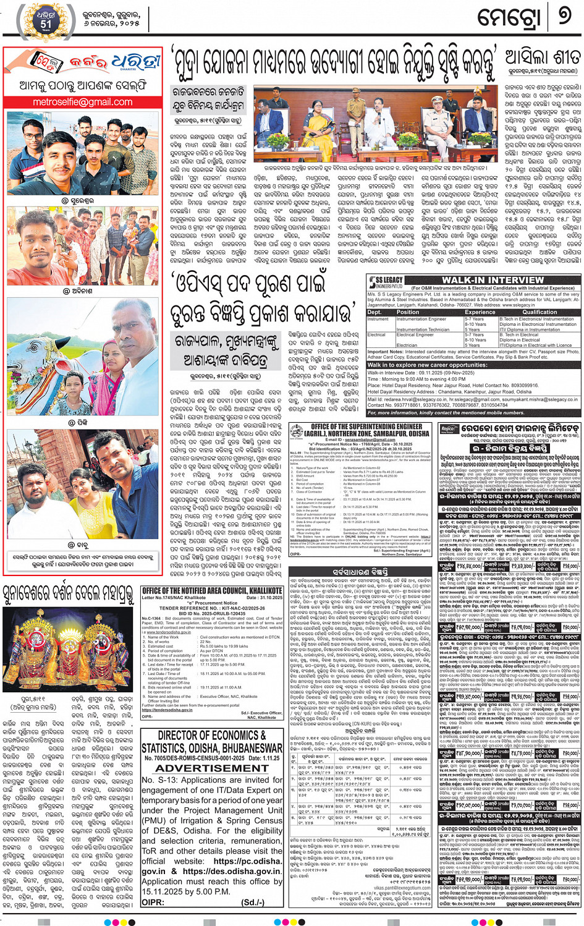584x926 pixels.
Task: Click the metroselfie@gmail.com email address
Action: pyautogui.click(x=82, y=102)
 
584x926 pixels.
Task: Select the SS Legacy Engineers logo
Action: pyautogui.click(x=386, y=282)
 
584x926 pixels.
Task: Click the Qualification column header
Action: pyautogui.click(x=539, y=312)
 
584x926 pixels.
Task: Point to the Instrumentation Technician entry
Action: pyautogui.click(x=423, y=329)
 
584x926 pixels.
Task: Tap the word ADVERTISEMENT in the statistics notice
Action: pyautogui.click(x=211, y=768)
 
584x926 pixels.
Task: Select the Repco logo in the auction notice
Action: pyautogui.click(x=448, y=429)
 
